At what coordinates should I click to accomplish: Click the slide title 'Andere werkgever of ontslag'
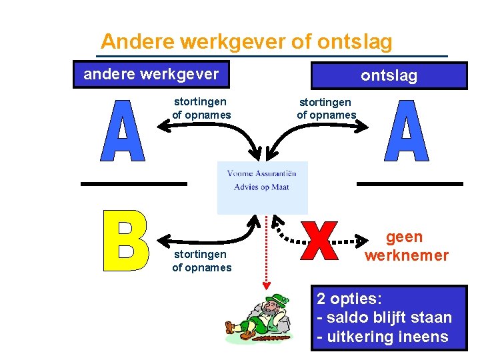coord(247,42)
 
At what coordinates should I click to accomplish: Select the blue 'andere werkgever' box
coord(151,74)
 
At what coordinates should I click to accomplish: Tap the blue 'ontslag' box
coord(389,75)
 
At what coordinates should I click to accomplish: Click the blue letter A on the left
coord(121,131)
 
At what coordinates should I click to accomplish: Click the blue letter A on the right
coord(406,131)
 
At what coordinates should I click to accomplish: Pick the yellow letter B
coord(126,241)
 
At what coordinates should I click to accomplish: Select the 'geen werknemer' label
coord(406,246)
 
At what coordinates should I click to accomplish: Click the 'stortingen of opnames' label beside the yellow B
coord(201,261)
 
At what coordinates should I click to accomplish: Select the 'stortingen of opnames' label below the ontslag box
coord(326,108)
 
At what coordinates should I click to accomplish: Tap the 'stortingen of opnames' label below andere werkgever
coord(201,108)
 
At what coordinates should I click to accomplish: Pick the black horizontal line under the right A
coord(410,183)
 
